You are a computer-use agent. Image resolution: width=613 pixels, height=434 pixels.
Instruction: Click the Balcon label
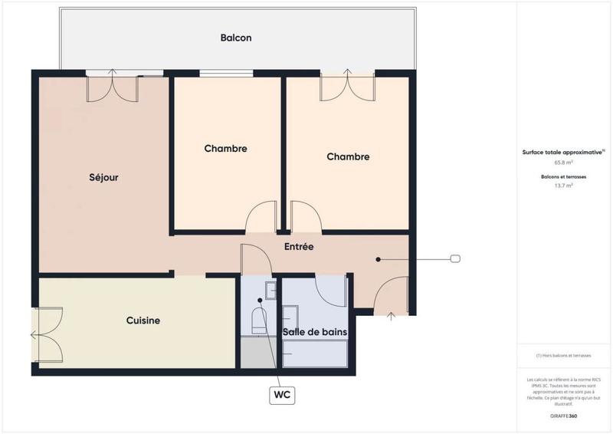click(x=236, y=38)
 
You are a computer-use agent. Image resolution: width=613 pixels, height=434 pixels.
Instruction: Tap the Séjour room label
click(x=103, y=177)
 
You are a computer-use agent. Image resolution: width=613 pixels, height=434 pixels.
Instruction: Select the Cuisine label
click(x=143, y=321)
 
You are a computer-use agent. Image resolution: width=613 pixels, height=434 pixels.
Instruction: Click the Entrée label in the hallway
click(x=299, y=247)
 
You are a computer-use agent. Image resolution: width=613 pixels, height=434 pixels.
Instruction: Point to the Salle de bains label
click(x=315, y=331)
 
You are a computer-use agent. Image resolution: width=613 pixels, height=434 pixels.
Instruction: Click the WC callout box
click(x=282, y=395)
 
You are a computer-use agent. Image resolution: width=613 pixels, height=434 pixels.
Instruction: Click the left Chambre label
click(x=225, y=149)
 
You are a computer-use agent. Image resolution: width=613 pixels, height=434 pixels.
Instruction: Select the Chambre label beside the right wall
click(x=348, y=156)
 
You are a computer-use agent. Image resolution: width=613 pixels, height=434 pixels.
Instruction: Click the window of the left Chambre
click(x=226, y=74)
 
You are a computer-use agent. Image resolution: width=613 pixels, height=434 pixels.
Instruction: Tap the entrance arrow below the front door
click(x=391, y=314)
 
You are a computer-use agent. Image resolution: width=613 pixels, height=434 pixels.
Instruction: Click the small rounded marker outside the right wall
click(x=455, y=259)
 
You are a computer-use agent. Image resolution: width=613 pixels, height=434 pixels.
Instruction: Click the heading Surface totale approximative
click(x=562, y=153)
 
